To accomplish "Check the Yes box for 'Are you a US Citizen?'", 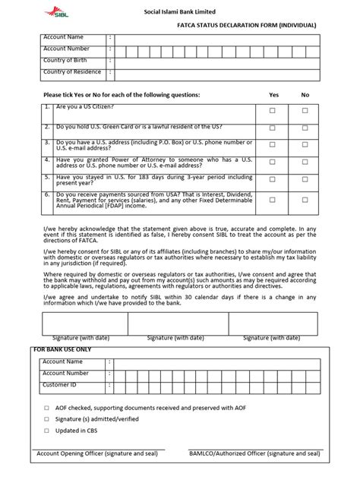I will (x=273, y=110).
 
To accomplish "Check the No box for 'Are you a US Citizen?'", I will (x=305, y=110).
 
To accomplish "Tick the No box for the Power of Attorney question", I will (x=305, y=164).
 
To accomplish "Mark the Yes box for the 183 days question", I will (x=273, y=182).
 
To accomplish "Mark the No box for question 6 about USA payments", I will (x=305, y=200).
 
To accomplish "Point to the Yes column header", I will (x=274, y=95).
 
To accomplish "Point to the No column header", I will (x=305, y=95).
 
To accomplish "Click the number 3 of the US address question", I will (x=47, y=142).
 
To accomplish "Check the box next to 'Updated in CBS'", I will (x=46, y=431).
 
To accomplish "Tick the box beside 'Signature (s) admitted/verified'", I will (x=46, y=419).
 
